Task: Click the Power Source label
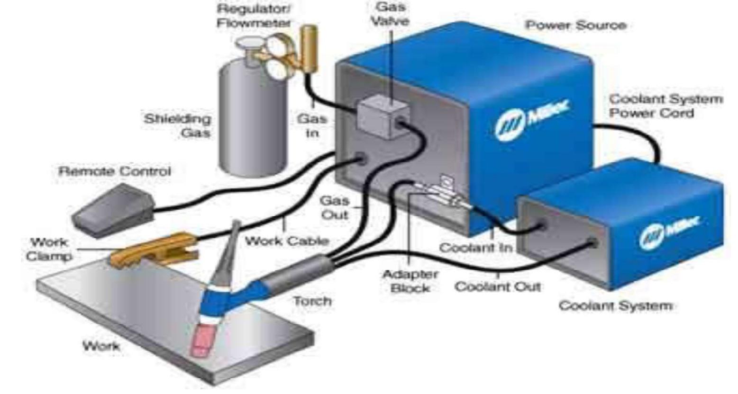click(575, 25)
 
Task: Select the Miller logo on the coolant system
click(669, 232)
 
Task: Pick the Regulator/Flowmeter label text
click(254, 16)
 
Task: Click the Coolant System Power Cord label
click(665, 106)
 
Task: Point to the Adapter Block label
click(410, 281)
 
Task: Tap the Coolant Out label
click(497, 287)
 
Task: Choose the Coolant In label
click(475, 248)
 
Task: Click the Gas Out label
click(334, 207)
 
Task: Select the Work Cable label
click(286, 241)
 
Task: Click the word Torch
click(312, 301)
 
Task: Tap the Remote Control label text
click(114, 171)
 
